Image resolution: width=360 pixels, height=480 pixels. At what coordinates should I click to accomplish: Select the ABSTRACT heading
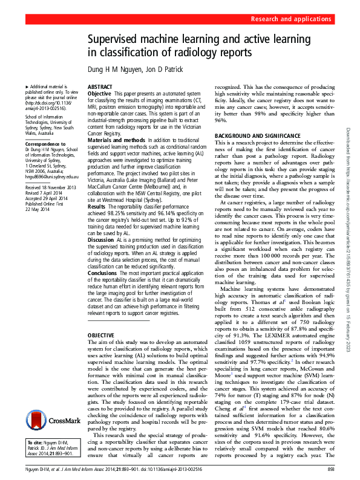100,88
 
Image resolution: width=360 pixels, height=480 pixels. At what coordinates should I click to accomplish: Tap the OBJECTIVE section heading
102,334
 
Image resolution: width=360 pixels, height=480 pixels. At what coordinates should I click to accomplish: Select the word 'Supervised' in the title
118,39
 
